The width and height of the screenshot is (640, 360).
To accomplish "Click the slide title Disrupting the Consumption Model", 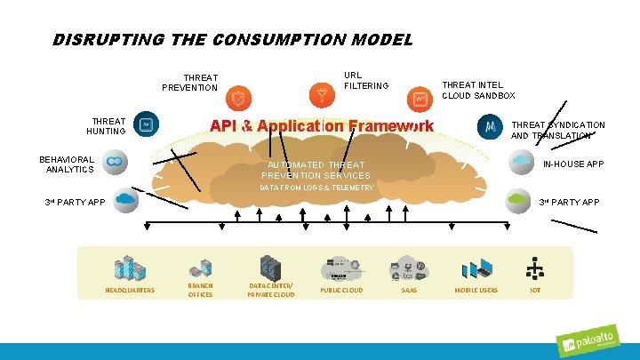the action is pos(233,40).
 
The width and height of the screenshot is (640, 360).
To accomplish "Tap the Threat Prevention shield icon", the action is pos(237,97).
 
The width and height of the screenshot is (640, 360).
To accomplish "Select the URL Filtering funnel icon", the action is pos(320,92).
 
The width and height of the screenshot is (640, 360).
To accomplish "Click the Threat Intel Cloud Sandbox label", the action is pos(478,90).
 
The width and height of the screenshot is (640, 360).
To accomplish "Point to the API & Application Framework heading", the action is pos(321,125).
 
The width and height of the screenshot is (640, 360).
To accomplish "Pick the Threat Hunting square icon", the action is pos(146,125).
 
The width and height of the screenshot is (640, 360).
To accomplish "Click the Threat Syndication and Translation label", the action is pos(557,131).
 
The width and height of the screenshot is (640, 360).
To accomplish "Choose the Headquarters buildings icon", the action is pos(130,268).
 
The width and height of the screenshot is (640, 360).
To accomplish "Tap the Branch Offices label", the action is pos(200,290).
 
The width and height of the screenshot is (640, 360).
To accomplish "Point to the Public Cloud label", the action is pos(341,290).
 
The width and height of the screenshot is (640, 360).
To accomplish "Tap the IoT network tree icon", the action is pos(535,268).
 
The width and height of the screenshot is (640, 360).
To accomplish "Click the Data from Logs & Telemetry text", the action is pos(316,188).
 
